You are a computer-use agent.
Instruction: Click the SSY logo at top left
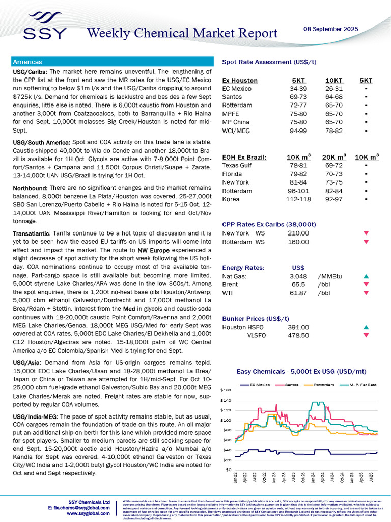tap(44, 26)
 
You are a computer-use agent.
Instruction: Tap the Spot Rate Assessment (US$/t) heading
tap(269, 62)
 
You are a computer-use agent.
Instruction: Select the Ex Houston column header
tap(240, 80)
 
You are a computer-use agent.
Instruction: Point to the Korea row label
tap(231, 199)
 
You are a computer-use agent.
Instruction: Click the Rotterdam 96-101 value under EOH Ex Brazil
tap(300, 190)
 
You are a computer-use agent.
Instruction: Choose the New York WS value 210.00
tap(298, 233)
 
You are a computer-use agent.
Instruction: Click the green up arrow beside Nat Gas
tap(366, 276)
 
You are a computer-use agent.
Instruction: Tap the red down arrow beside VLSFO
tap(366, 335)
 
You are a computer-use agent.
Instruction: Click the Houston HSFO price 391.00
tap(298, 327)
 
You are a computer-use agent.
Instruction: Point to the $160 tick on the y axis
tap(226, 390)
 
